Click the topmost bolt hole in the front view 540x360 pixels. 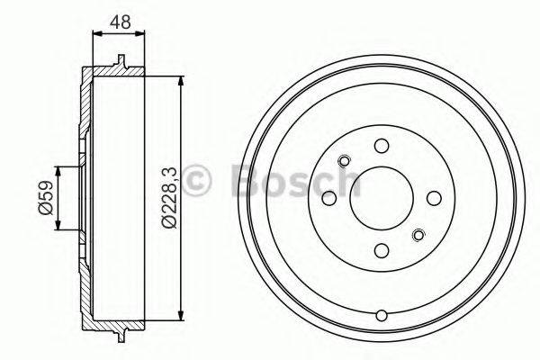point(382,146)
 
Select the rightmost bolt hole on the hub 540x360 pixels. point(435,198)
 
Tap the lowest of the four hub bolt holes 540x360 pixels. point(382,251)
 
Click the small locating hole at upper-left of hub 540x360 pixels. point(344,161)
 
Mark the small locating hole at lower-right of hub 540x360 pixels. point(418,236)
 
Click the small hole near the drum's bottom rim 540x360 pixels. point(382,315)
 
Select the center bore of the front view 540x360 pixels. point(382,198)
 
